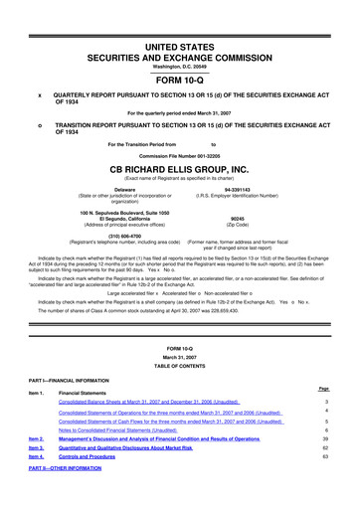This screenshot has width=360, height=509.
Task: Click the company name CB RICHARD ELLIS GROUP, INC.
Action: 179,169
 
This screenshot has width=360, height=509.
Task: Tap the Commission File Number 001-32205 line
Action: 179,155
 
